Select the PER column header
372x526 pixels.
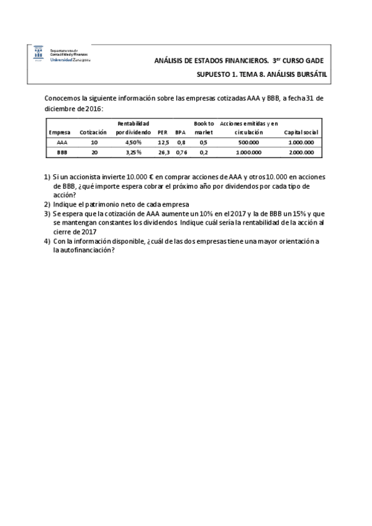(163, 133)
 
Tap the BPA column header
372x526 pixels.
(181, 133)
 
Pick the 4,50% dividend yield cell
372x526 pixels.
(133, 142)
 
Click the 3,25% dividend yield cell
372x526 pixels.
(133, 151)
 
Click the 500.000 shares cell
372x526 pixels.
(248, 142)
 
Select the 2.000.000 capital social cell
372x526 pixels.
(301, 151)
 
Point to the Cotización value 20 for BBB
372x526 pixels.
(94, 151)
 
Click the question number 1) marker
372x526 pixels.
(47, 177)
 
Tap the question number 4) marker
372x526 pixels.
(47, 241)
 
